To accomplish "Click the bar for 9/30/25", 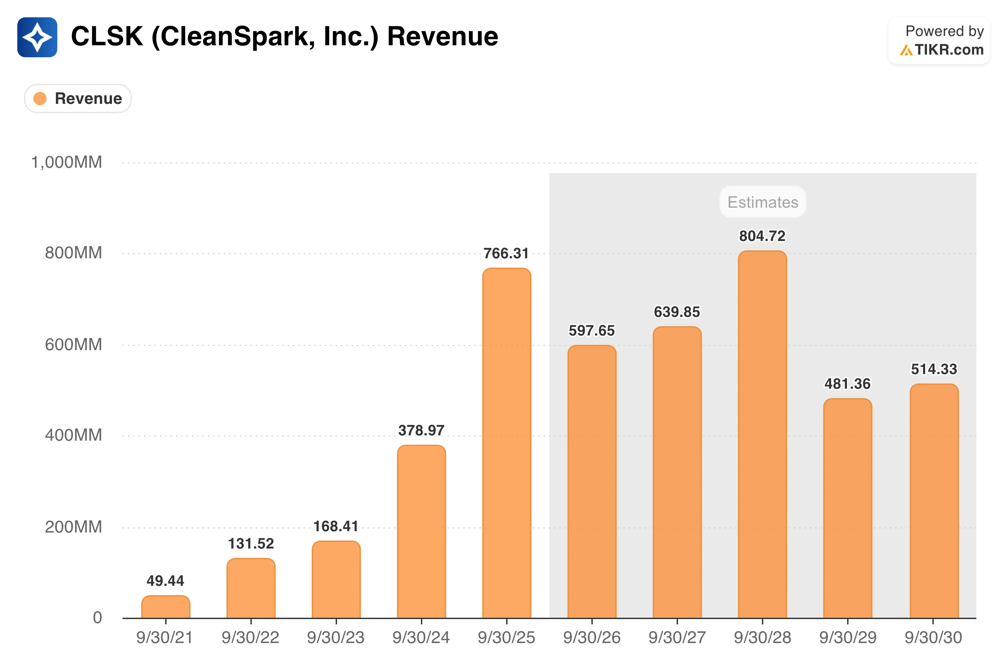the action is [x=506, y=443].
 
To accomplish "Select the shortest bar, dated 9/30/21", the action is [x=166, y=607].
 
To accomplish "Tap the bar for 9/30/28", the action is [x=763, y=434].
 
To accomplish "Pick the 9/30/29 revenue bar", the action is [x=848, y=508].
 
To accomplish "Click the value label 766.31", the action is [x=506, y=253].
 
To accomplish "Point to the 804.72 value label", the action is [x=763, y=236].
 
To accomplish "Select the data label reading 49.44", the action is [x=165, y=581].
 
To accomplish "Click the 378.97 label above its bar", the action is [x=421, y=430].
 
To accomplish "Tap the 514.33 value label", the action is [x=934, y=369].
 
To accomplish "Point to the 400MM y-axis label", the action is [x=74, y=435].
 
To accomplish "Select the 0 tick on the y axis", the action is [x=98, y=617].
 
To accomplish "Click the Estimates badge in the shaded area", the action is [x=763, y=202].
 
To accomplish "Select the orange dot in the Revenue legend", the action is [x=40, y=99].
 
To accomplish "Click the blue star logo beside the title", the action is [x=37, y=37].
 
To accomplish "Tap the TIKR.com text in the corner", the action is [x=949, y=50].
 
